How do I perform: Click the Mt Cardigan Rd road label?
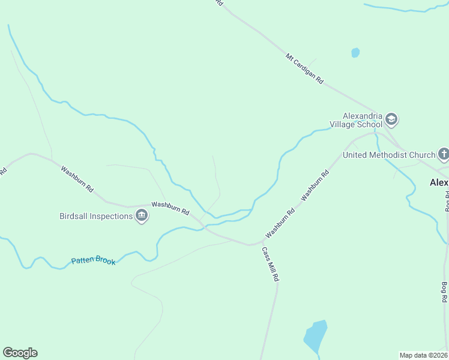point(304,70)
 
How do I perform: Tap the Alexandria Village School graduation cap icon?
point(392,119)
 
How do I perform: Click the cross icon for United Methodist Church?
point(444,155)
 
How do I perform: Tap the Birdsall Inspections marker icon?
point(142,216)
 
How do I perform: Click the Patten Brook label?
point(92,260)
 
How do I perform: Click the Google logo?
point(20,353)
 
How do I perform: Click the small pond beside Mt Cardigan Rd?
point(355,53)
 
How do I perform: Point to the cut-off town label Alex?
point(439,182)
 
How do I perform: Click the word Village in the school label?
point(343,124)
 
